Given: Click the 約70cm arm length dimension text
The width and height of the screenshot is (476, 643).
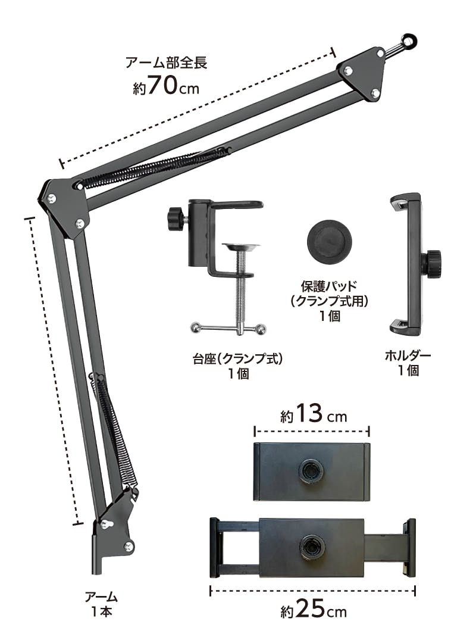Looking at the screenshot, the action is coord(166,86).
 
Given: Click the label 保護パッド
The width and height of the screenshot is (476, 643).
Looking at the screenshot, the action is coord(329,286).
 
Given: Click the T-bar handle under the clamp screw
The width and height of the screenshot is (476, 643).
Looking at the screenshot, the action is coord(228,328).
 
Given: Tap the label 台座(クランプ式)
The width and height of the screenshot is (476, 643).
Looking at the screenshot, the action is coord(238,359).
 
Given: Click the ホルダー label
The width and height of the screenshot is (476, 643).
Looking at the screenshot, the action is coord(408,355).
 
